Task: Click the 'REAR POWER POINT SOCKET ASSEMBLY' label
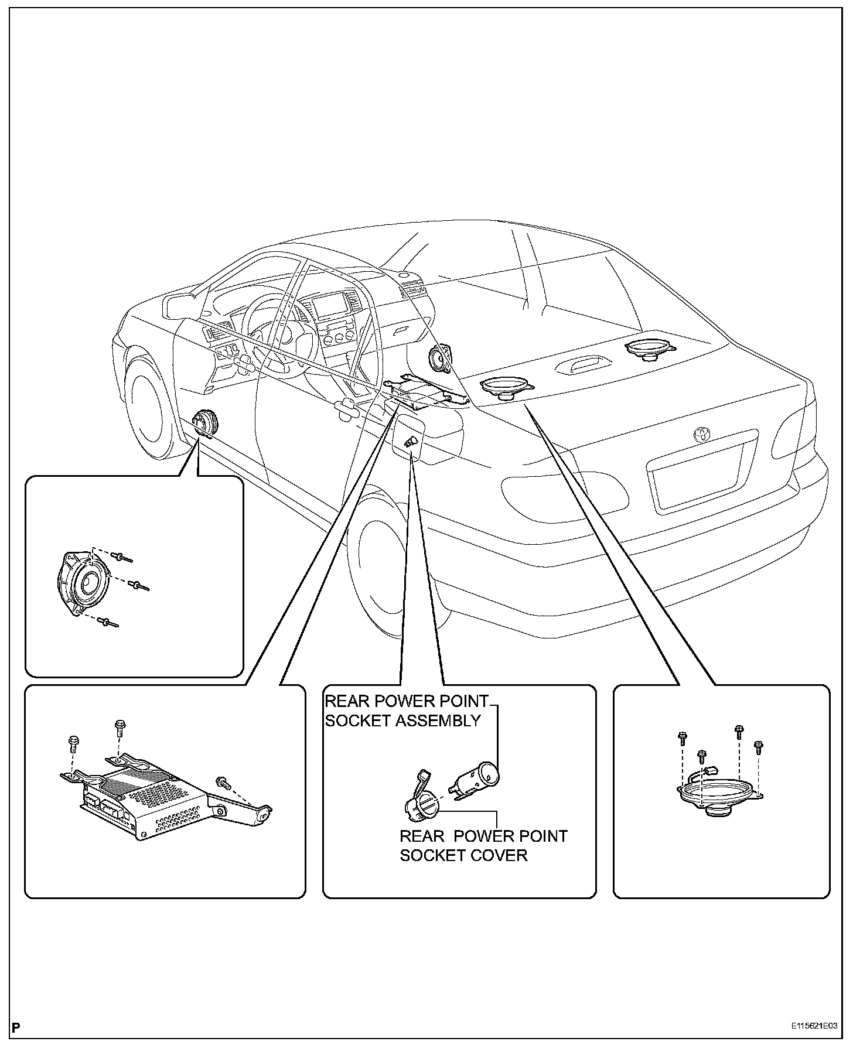pyautogui.click(x=406, y=711)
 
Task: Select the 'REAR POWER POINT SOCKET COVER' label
pyautogui.click(x=483, y=846)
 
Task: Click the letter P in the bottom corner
pyautogui.click(x=16, y=1027)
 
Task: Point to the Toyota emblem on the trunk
pyautogui.click(x=701, y=434)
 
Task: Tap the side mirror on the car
pyautogui.click(x=179, y=306)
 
